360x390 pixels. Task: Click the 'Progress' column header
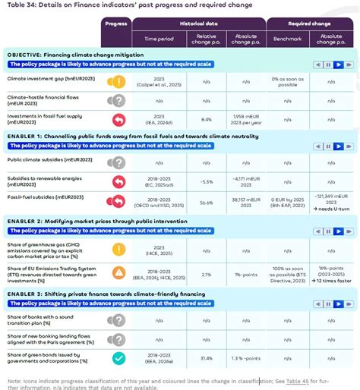pyautogui.click(x=116, y=24)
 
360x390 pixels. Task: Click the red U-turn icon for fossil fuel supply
pyautogui.click(x=116, y=119)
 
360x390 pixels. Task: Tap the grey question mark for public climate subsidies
pyautogui.click(x=116, y=162)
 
